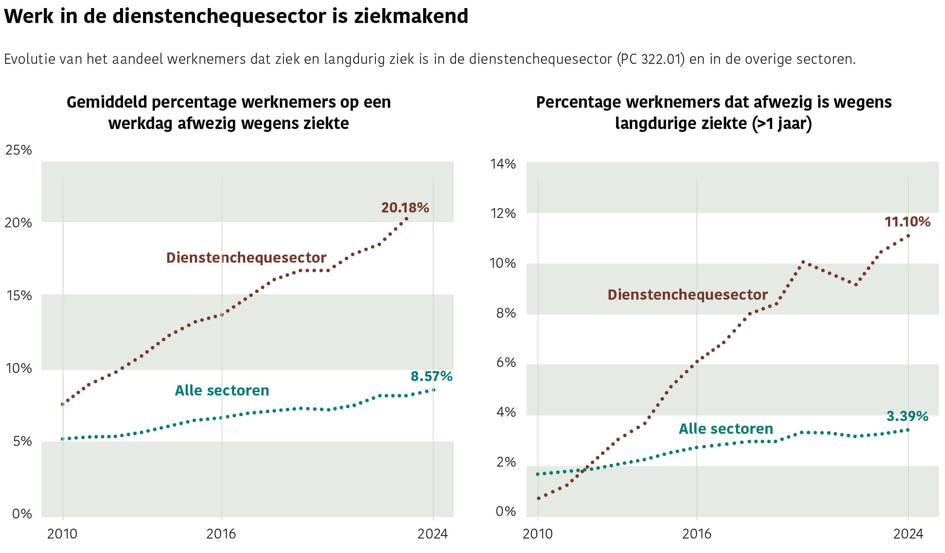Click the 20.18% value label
405,208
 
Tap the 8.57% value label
431,376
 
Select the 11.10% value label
907,222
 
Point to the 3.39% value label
907,416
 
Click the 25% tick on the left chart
19,150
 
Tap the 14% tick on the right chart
503,164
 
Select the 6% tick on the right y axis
506,362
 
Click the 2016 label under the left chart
221,534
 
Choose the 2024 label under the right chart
908,534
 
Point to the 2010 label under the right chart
538,534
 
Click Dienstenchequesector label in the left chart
246,258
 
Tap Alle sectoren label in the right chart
726,429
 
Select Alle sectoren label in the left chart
222,390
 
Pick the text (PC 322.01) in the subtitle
651,59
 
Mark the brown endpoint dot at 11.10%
908,235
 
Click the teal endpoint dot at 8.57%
433,390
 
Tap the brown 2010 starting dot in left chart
63,404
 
